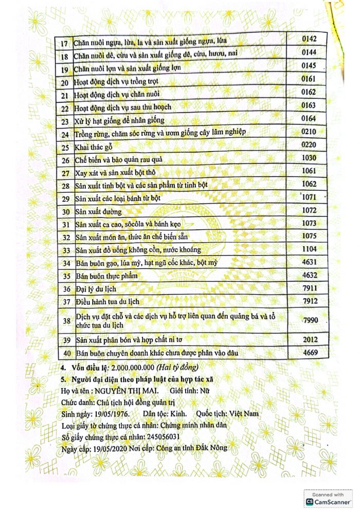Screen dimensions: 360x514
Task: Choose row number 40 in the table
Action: pyautogui.click(x=65, y=354)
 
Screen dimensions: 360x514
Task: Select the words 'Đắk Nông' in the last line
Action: pyautogui.click(x=211, y=448)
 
